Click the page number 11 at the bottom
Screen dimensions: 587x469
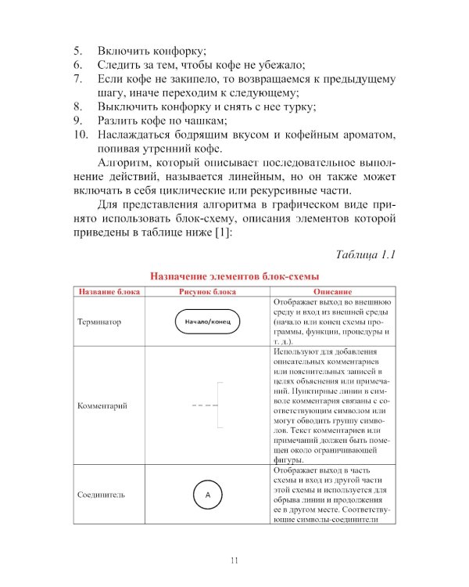point(234,560)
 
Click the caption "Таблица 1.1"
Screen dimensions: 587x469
point(367,255)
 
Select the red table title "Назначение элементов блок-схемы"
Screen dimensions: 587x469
point(234,276)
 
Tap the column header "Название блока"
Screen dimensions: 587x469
point(109,292)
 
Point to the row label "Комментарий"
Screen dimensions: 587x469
point(102,406)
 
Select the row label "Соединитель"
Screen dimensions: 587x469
point(102,495)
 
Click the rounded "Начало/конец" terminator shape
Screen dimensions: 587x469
point(202,322)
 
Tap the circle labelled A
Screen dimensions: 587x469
point(208,495)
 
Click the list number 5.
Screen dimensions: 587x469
point(77,50)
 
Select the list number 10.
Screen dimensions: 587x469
point(79,135)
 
